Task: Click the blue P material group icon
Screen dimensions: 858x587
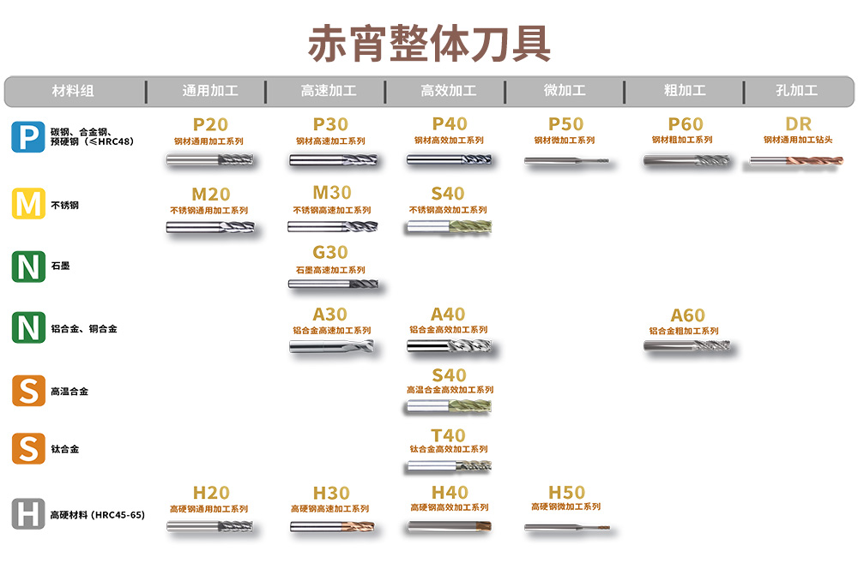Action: (x=28, y=136)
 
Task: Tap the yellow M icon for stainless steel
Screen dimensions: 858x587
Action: (x=28, y=204)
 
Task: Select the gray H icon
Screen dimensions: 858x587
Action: (x=28, y=514)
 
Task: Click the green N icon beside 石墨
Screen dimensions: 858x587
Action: (x=28, y=267)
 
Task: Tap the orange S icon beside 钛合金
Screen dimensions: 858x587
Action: (x=28, y=449)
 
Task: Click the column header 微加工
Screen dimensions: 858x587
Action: (x=565, y=90)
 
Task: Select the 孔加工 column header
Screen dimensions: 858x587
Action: (x=797, y=90)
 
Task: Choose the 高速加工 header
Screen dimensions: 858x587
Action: (x=329, y=90)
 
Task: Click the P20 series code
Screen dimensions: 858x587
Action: (x=211, y=124)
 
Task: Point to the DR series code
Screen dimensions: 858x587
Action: (x=798, y=124)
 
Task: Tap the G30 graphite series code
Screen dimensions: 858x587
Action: (x=330, y=253)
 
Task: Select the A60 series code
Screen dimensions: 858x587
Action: (x=688, y=315)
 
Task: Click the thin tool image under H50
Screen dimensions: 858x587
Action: (x=567, y=528)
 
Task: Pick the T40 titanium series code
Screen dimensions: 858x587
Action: (x=448, y=435)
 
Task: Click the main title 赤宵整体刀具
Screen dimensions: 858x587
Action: (x=430, y=44)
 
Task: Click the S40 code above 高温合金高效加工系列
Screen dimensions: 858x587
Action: (x=450, y=375)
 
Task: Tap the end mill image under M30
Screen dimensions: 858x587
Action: (x=333, y=226)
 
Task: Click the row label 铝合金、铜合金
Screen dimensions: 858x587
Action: (x=84, y=328)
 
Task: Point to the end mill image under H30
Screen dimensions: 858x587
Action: (x=332, y=527)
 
